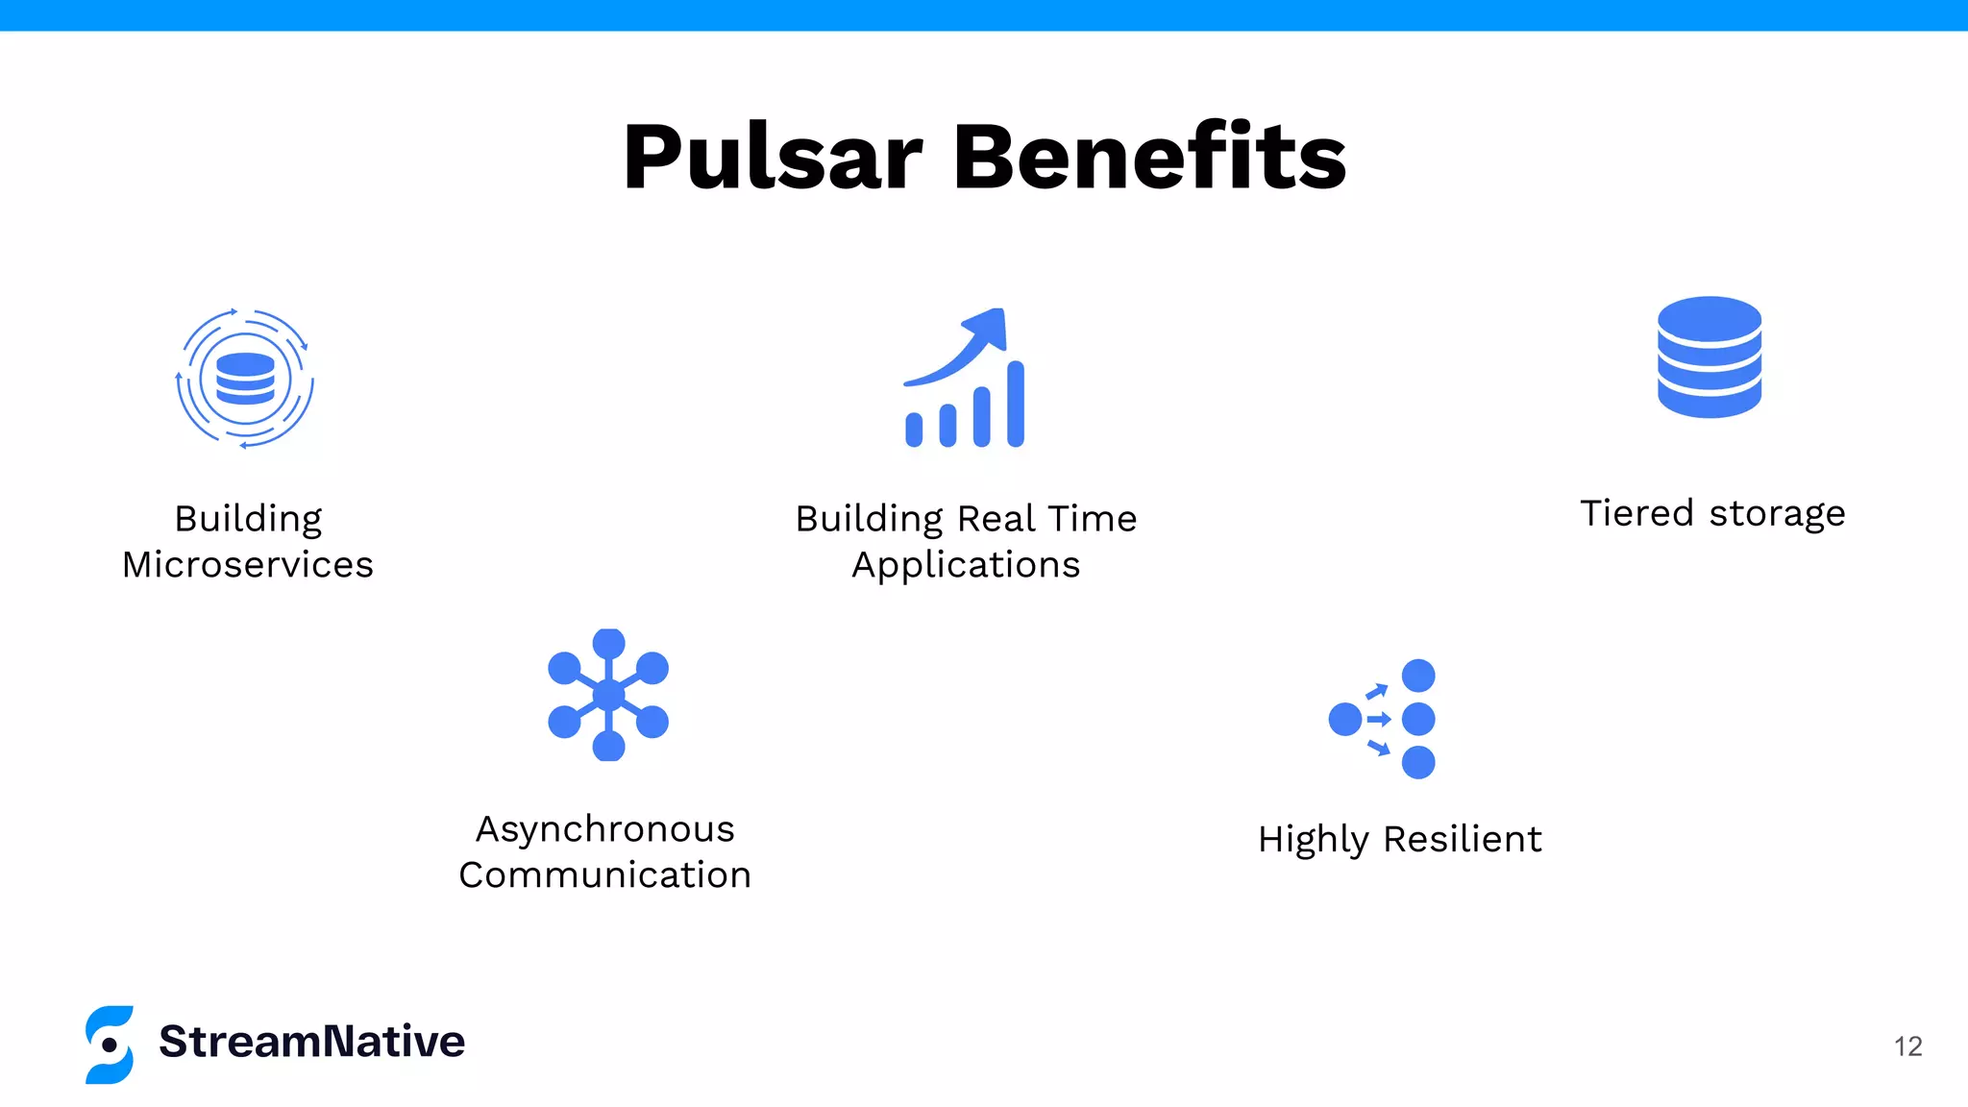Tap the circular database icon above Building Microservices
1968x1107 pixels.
245,379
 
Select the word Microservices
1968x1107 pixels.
248,565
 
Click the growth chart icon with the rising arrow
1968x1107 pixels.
965,379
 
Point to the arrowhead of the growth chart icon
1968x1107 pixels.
990,325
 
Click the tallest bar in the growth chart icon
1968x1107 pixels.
1016,404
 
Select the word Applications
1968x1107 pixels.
966,565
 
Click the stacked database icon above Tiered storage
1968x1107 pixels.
1709,357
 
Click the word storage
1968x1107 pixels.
1777,514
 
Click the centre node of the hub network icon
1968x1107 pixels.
608,694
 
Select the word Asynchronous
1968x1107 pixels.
605,829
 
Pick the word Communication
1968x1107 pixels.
605,875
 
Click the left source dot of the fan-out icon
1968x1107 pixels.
1344,719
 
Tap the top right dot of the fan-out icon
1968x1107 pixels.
1418,676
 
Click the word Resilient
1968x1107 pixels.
1463,839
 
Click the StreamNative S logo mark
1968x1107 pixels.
110,1045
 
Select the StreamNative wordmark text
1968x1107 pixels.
312,1042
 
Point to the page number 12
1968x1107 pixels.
1907,1046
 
